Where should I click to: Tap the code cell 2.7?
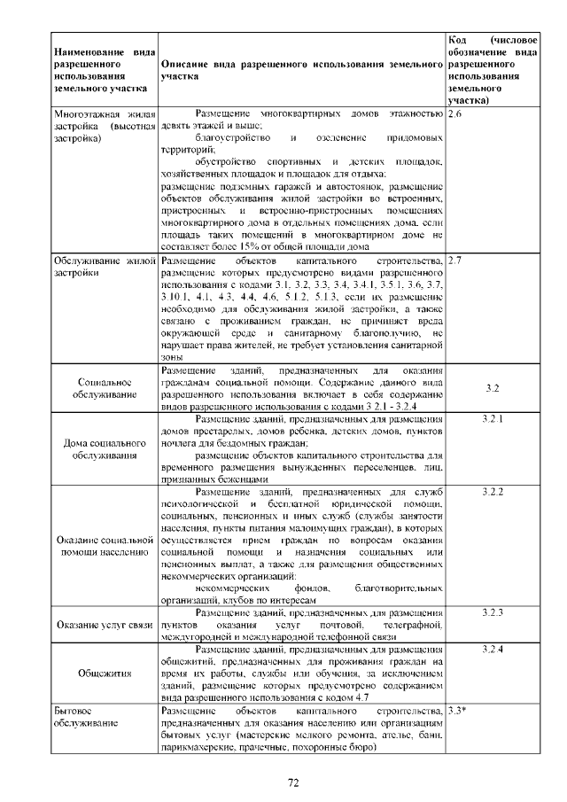point(455,261)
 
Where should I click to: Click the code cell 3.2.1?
point(493,417)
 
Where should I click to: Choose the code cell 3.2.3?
point(493,612)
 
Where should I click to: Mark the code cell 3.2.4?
point(493,650)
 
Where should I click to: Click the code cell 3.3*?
point(458,711)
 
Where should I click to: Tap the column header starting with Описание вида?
point(301,71)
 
